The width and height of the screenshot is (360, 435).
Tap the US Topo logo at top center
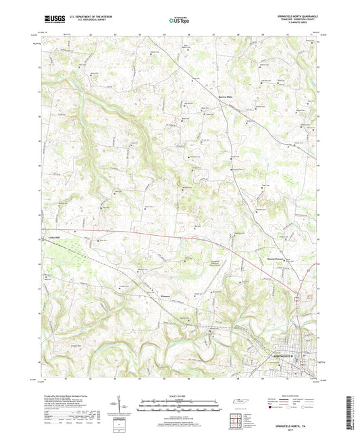pos(179,21)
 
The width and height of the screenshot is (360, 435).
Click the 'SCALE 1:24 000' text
pos(180,395)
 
